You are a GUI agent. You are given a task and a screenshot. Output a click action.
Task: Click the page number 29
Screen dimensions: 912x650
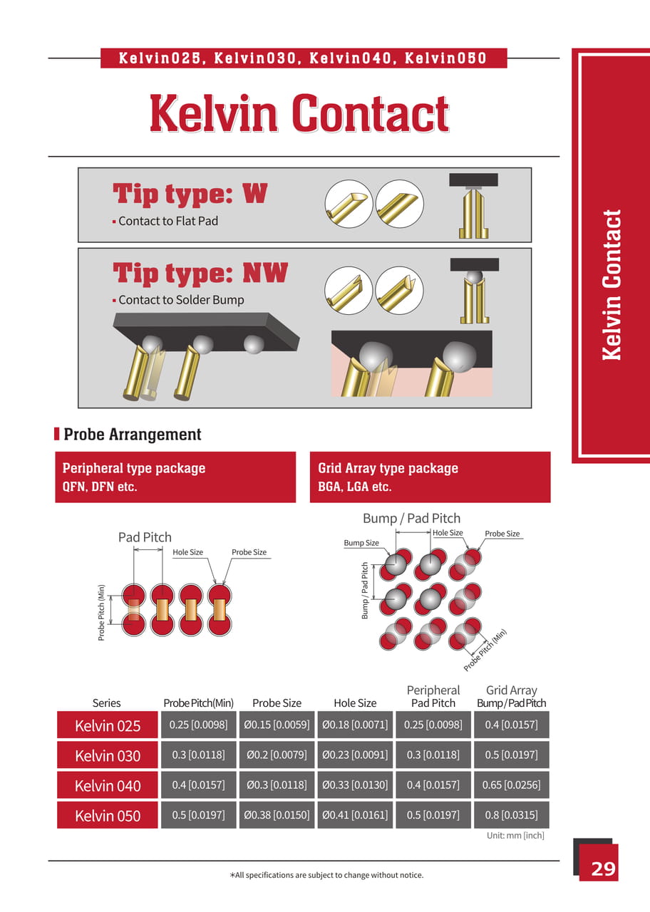pyautogui.click(x=602, y=869)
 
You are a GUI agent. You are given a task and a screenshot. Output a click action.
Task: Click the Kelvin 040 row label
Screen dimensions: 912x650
pyautogui.click(x=108, y=786)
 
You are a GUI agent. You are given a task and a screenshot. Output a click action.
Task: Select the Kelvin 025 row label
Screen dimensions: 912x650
pyautogui.click(x=108, y=726)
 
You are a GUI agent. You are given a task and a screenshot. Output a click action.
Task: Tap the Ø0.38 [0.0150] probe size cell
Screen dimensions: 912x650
pyautogui.click(x=277, y=815)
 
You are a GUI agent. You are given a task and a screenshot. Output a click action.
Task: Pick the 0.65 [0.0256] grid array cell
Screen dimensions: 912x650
pyautogui.click(x=511, y=785)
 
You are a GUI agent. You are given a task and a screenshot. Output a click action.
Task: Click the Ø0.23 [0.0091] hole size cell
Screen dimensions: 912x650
pyautogui.click(x=355, y=755)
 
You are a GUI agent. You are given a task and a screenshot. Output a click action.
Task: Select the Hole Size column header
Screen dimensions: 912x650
pyautogui.click(x=355, y=703)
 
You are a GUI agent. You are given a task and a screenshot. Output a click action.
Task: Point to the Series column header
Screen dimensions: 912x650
pyautogui.click(x=107, y=703)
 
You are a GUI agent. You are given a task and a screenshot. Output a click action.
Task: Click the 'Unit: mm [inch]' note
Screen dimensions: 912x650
pyautogui.click(x=515, y=835)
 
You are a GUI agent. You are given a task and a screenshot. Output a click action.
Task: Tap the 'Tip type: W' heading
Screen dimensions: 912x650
pyautogui.click(x=190, y=194)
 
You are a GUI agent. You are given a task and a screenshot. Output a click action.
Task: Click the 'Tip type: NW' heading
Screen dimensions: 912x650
pyautogui.click(x=200, y=273)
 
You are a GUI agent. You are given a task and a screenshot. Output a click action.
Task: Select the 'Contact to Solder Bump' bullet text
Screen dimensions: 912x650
pyautogui.click(x=181, y=300)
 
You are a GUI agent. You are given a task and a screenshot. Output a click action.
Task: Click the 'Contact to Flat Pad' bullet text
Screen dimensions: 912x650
pyautogui.click(x=168, y=221)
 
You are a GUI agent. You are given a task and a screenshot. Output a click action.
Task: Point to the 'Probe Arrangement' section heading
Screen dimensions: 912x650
pyautogui.click(x=133, y=435)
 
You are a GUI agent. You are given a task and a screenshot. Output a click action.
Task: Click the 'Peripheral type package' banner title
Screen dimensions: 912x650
pyautogui.click(x=134, y=468)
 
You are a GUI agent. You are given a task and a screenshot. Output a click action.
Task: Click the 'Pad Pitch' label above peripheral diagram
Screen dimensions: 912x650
pyautogui.click(x=145, y=537)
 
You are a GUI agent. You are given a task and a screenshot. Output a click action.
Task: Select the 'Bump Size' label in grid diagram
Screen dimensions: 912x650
pyautogui.click(x=361, y=543)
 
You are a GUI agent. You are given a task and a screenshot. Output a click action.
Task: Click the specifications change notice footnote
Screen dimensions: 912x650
pyautogui.click(x=326, y=875)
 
